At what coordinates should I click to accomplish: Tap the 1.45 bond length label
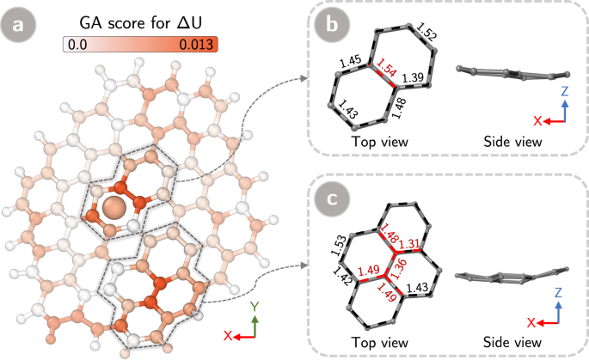click(x=350, y=62)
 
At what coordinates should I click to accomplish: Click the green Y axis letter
click(x=254, y=307)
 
